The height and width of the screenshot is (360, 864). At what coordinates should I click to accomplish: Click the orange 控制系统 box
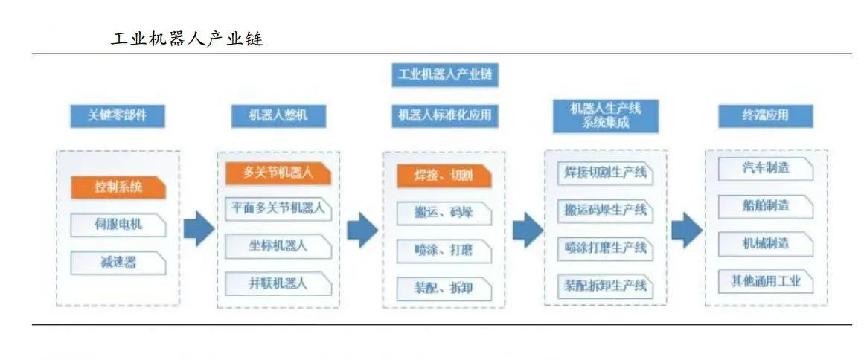(118, 187)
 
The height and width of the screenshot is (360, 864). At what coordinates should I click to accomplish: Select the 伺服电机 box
(118, 225)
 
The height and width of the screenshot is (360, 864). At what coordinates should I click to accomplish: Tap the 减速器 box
(118, 262)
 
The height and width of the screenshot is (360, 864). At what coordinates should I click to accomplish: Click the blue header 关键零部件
(117, 115)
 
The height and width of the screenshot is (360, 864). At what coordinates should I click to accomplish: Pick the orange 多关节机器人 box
(278, 173)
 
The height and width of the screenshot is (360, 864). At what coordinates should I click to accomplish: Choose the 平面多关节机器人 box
(278, 209)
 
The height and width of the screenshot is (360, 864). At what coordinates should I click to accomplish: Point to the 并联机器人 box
(278, 283)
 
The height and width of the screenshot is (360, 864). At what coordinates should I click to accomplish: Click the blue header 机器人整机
(278, 115)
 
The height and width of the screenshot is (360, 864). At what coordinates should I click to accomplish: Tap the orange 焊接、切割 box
(444, 176)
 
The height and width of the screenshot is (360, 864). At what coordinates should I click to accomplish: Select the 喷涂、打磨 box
(444, 250)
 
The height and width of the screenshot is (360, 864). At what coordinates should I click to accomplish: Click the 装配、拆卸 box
(444, 287)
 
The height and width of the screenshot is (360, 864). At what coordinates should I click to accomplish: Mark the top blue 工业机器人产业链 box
(444, 74)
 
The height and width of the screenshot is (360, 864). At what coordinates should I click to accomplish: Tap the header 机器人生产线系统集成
(605, 116)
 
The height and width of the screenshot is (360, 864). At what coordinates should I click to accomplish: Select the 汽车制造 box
(766, 169)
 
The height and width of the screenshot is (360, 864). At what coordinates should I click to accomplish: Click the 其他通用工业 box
(766, 281)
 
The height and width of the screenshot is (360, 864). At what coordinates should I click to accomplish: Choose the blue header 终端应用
(765, 115)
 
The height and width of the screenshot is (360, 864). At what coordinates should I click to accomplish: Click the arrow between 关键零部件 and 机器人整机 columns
(199, 230)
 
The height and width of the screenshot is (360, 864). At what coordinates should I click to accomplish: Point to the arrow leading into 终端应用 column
(686, 230)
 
